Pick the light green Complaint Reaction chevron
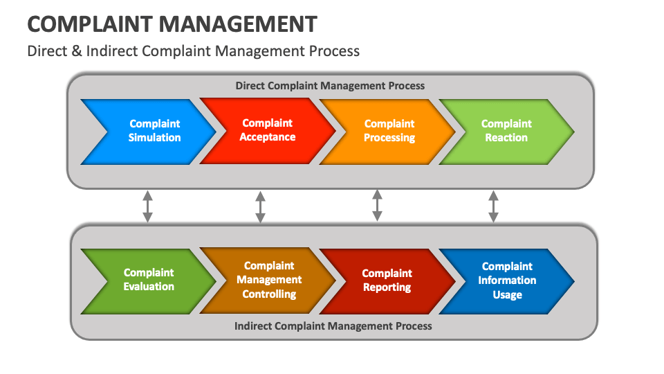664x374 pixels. (x=506, y=131)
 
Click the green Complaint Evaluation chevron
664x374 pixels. (x=149, y=280)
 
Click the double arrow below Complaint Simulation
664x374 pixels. (x=147, y=206)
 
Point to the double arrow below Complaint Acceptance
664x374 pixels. (x=260, y=206)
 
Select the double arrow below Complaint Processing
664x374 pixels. (x=377, y=206)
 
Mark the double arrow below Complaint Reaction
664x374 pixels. (x=493, y=206)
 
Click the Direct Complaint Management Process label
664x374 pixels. (x=330, y=86)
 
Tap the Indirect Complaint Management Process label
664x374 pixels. (x=333, y=326)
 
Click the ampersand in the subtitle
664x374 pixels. (x=77, y=51)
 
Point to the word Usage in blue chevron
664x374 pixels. (x=507, y=295)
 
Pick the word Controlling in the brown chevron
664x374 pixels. (x=269, y=294)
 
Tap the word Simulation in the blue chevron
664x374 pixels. (x=154, y=138)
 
